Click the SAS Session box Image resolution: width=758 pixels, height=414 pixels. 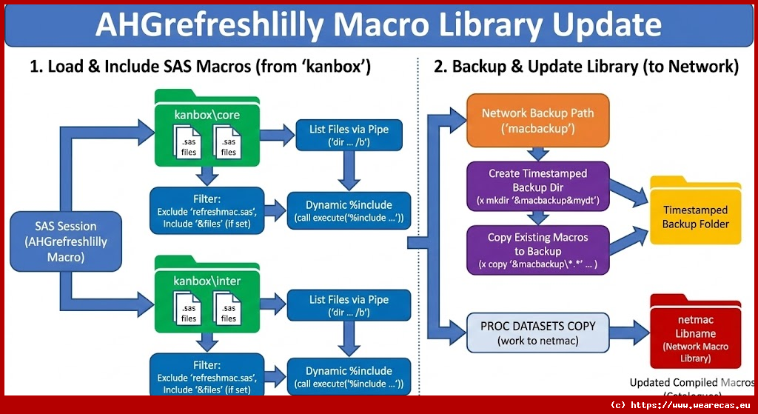pos(66,241)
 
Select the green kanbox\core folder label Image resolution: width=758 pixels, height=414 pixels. pos(207,116)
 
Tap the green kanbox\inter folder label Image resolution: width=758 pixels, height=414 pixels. pos(207,281)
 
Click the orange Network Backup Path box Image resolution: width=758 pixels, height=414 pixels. pos(537,120)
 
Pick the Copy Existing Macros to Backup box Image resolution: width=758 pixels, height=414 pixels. pos(537,250)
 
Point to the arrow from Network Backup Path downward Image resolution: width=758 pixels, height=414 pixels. pos(538,153)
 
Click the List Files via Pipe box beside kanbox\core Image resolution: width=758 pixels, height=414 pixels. pos(349,136)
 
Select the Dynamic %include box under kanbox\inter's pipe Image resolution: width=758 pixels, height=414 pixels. pos(349,376)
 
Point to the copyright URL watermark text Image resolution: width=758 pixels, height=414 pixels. pos(680,405)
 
